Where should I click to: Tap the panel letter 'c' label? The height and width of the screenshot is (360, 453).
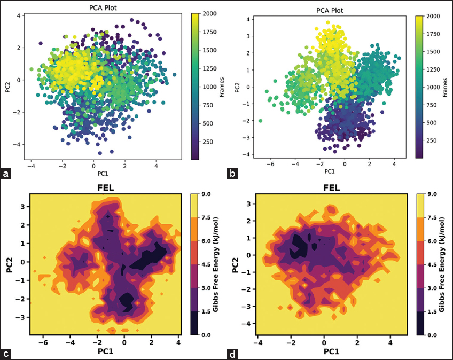[x=6, y=353]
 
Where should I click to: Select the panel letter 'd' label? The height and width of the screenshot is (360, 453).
[x=232, y=353]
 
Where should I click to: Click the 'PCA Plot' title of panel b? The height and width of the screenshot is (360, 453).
[x=325, y=10]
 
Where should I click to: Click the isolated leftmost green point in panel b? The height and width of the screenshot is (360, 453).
[x=260, y=121]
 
